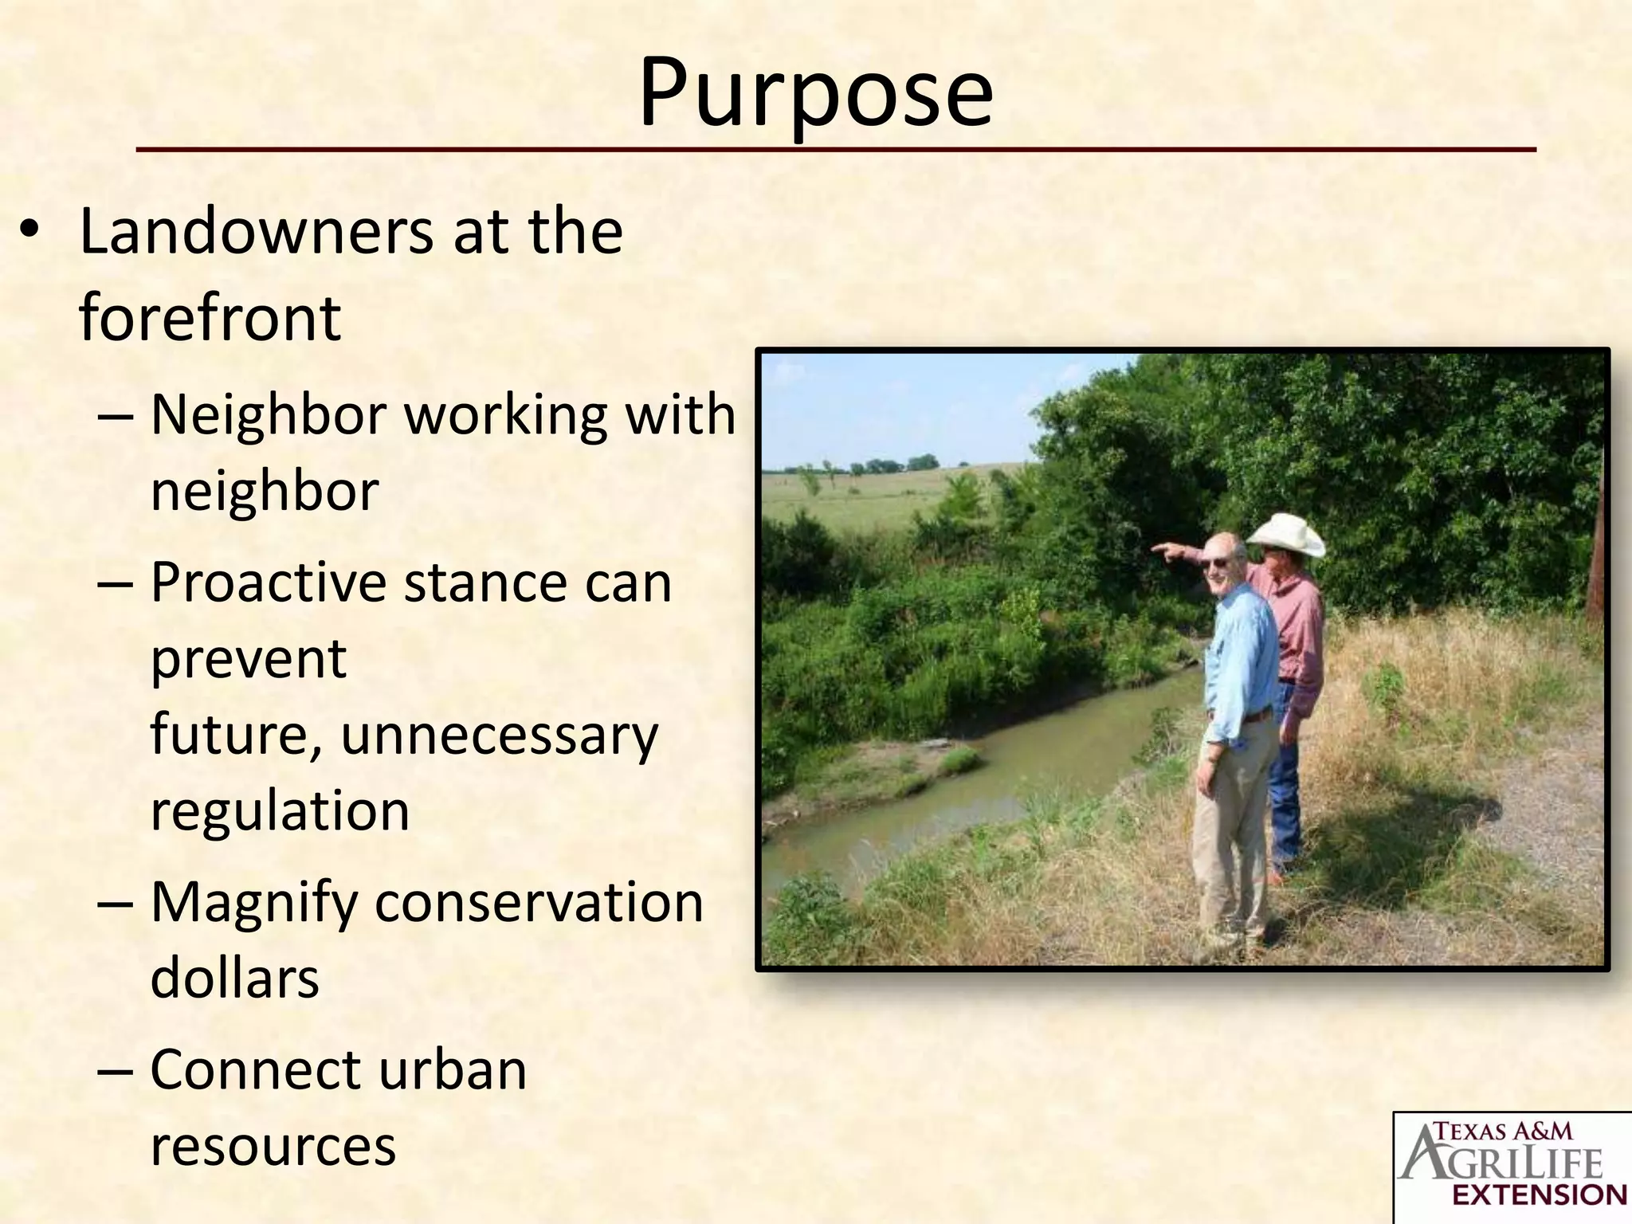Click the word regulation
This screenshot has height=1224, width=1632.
[280, 811]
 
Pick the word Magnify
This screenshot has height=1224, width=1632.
[254, 904]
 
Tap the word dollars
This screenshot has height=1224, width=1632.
[235, 979]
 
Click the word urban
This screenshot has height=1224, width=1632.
[452, 1070]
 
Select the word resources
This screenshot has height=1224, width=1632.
[273, 1146]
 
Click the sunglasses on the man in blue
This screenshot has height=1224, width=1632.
[1218, 563]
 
